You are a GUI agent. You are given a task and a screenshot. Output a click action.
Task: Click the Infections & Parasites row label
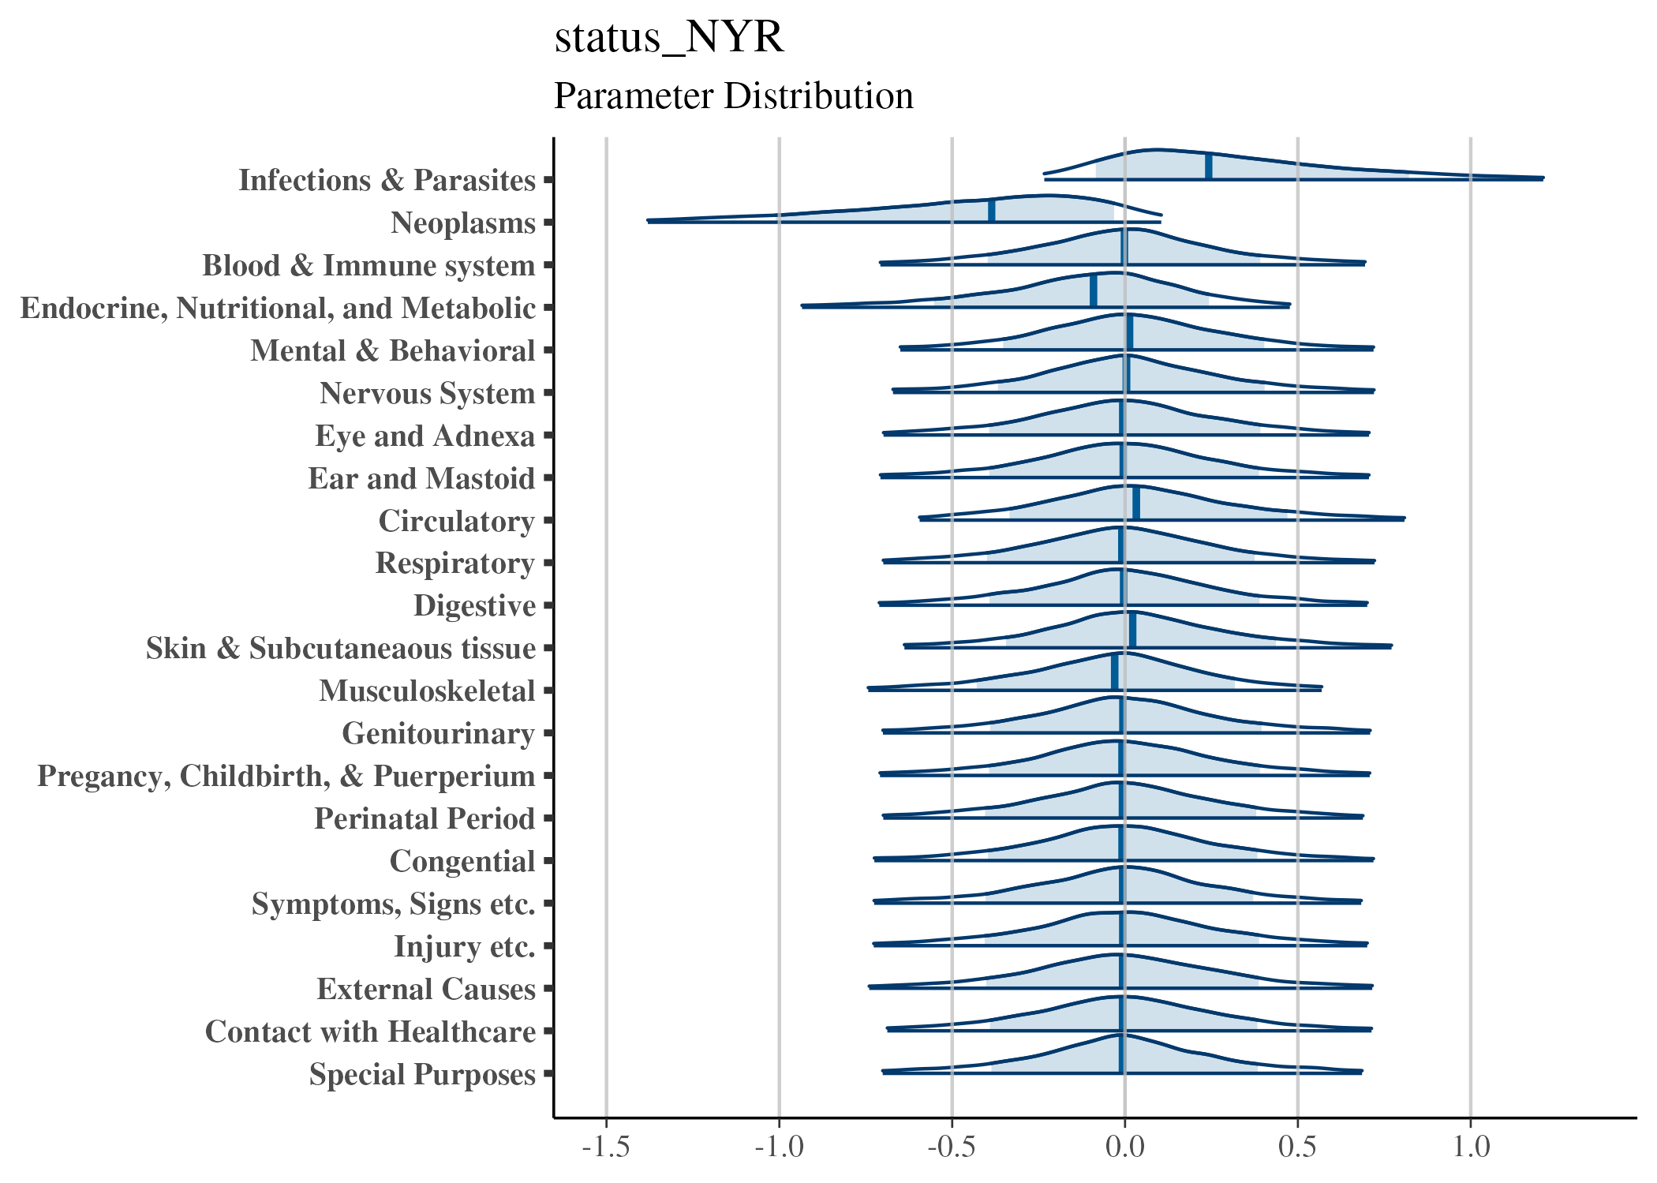click(387, 181)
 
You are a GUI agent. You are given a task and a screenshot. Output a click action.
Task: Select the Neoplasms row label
click(463, 223)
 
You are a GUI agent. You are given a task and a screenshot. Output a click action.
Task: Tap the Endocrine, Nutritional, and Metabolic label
click(278, 309)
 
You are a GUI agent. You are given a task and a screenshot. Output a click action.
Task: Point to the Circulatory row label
click(456, 522)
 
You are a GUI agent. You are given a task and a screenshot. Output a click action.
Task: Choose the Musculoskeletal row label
click(427, 691)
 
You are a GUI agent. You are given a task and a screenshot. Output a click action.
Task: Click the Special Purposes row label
click(422, 1075)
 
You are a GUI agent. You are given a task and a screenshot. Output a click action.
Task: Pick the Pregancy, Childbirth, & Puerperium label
click(286, 777)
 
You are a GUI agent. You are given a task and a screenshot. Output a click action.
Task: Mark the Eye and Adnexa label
click(425, 436)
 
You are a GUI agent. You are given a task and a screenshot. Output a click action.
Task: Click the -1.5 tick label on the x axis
click(606, 1147)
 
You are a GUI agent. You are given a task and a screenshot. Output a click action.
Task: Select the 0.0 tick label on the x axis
click(1124, 1147)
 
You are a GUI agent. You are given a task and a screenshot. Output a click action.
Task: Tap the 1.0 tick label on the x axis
click(1471, 1147)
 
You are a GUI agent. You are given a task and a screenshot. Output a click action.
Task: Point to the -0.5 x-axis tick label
click(952, 1147)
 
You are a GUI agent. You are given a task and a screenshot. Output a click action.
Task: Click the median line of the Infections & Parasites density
click(1209, 167)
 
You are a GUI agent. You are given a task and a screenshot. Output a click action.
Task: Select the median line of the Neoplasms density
click(992, 210)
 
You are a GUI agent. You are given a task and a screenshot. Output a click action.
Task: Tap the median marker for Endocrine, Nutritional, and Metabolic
click(1094, 290)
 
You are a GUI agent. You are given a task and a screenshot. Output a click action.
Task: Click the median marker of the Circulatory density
click(1136, 504)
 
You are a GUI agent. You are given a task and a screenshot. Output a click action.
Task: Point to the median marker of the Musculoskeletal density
click(1115, 672)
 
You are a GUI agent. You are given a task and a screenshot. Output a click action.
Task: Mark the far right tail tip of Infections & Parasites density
click(1543, 178)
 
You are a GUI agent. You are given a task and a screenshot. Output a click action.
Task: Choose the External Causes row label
click(426, 990)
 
